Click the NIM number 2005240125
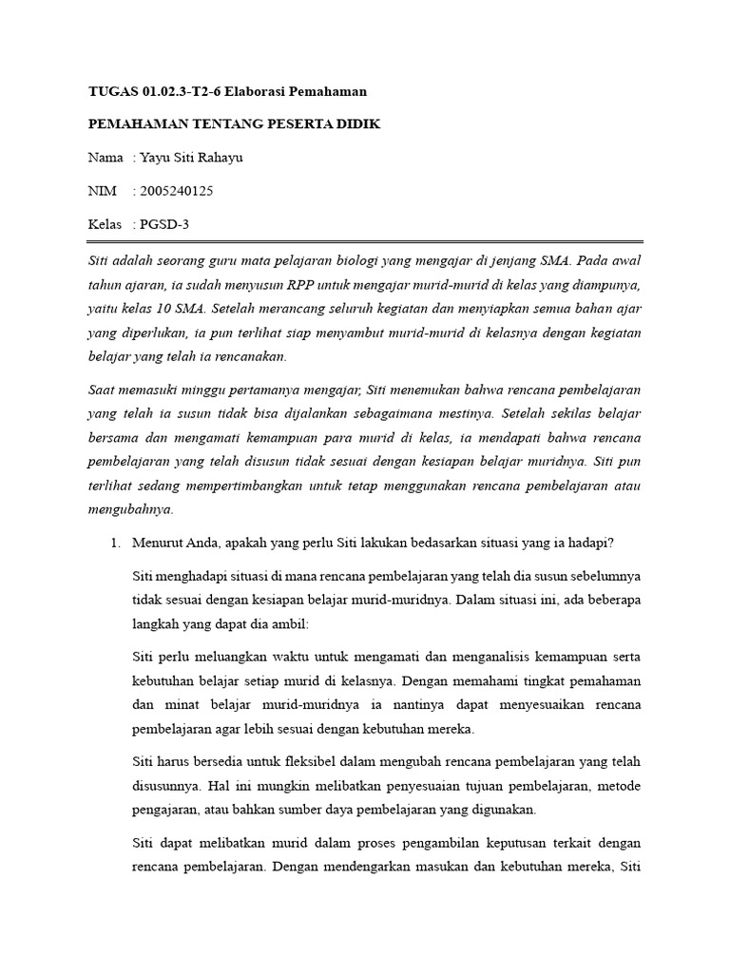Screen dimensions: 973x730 (x=177, y=191)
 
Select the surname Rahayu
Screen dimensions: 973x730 (x=217, y=158)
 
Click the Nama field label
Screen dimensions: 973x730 (x=106, y=158)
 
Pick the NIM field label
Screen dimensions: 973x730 (x=102, y=191)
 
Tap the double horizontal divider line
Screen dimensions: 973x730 (x=365, y=241)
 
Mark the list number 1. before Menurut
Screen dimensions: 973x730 (x=115, y=544)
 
